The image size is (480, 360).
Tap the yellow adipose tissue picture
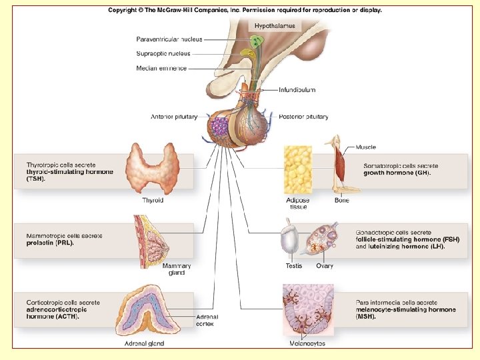298,171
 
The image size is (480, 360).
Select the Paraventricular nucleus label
169,39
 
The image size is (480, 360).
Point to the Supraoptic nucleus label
163,53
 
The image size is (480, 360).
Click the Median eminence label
161,68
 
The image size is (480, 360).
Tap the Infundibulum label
297,89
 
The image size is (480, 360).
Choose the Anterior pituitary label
174,117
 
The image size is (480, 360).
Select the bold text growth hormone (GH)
397,173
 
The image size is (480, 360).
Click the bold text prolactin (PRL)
50,243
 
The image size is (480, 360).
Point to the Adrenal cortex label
207,321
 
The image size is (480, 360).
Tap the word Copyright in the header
125,11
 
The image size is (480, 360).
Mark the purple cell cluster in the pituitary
219,127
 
